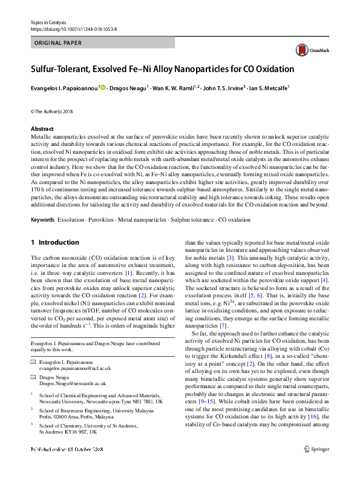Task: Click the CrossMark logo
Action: (x=307, y=50)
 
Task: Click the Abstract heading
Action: (x=42, y=129)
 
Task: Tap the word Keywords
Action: (x=44, y=220)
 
